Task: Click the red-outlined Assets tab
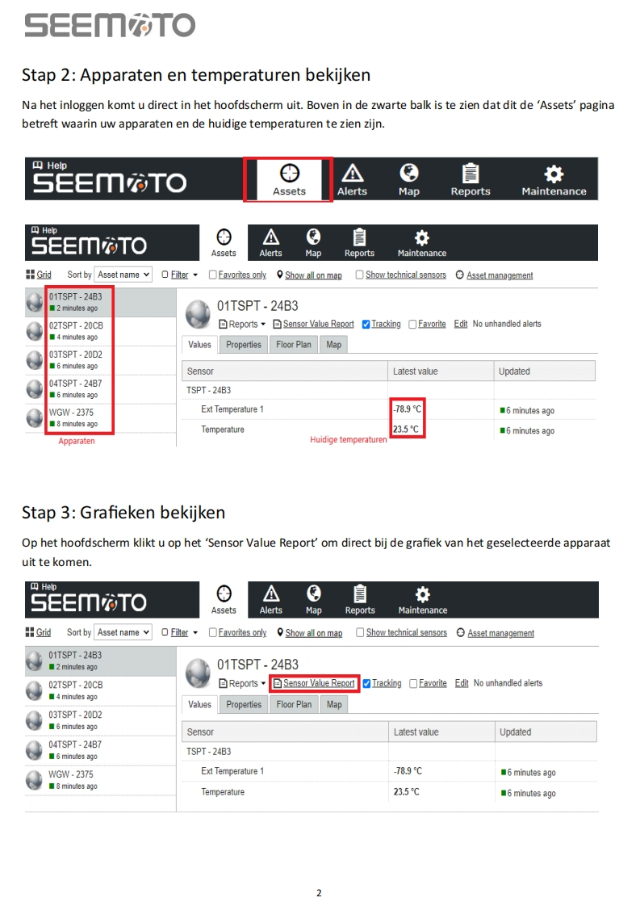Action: point(288,180)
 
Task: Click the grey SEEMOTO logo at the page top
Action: point(110,25)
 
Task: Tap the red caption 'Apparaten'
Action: point(76,441)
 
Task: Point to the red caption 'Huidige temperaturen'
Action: point(349,440)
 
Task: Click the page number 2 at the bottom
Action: point(319,893)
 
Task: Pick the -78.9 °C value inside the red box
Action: point(408,409)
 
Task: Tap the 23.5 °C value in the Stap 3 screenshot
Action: point(407,791)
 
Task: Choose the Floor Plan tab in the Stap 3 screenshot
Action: point(294,704)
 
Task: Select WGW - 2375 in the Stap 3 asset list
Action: point(70,774)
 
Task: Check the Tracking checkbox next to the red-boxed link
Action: point(366,684)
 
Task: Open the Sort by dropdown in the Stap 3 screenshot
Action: point(123,633)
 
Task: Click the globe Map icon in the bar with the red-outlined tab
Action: point(409,174)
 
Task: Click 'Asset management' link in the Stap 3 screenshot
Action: point(501,633)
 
